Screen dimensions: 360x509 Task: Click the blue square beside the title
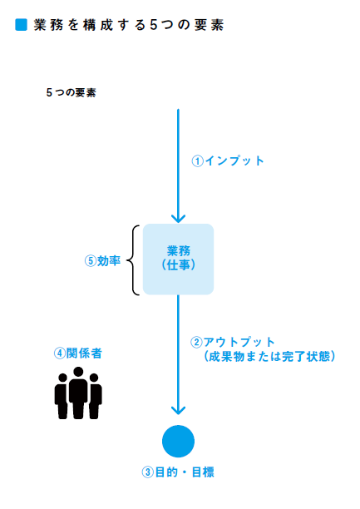tap(21, 25)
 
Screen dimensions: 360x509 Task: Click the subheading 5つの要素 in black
tap(72, 92)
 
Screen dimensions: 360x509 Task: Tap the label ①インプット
tap(228, 161)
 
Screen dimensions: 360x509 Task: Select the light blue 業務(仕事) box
tap(178, 259)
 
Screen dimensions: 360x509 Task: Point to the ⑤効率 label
tap(102, 260)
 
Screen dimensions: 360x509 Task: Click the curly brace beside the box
tap(132, 260)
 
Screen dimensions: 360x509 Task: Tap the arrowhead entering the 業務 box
tap(178, 218)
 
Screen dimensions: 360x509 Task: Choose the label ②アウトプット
tap(233, 342)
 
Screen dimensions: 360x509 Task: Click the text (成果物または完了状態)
tap(269, 356)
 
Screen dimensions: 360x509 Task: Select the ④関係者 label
tap(78, 353)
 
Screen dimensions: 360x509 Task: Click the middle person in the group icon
tap(78, 393)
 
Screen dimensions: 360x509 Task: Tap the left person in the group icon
tap(62, 396)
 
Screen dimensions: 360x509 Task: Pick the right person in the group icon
tap(95, 396)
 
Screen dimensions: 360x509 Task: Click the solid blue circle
tap(178, 441)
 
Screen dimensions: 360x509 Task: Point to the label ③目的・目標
tap(178, 472)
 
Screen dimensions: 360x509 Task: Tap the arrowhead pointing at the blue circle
tap(178, 410)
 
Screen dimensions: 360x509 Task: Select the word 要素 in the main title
tap(209, 25)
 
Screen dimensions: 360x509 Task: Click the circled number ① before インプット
tap(197, 161)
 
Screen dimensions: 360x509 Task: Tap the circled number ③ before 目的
tap(148, 472)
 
